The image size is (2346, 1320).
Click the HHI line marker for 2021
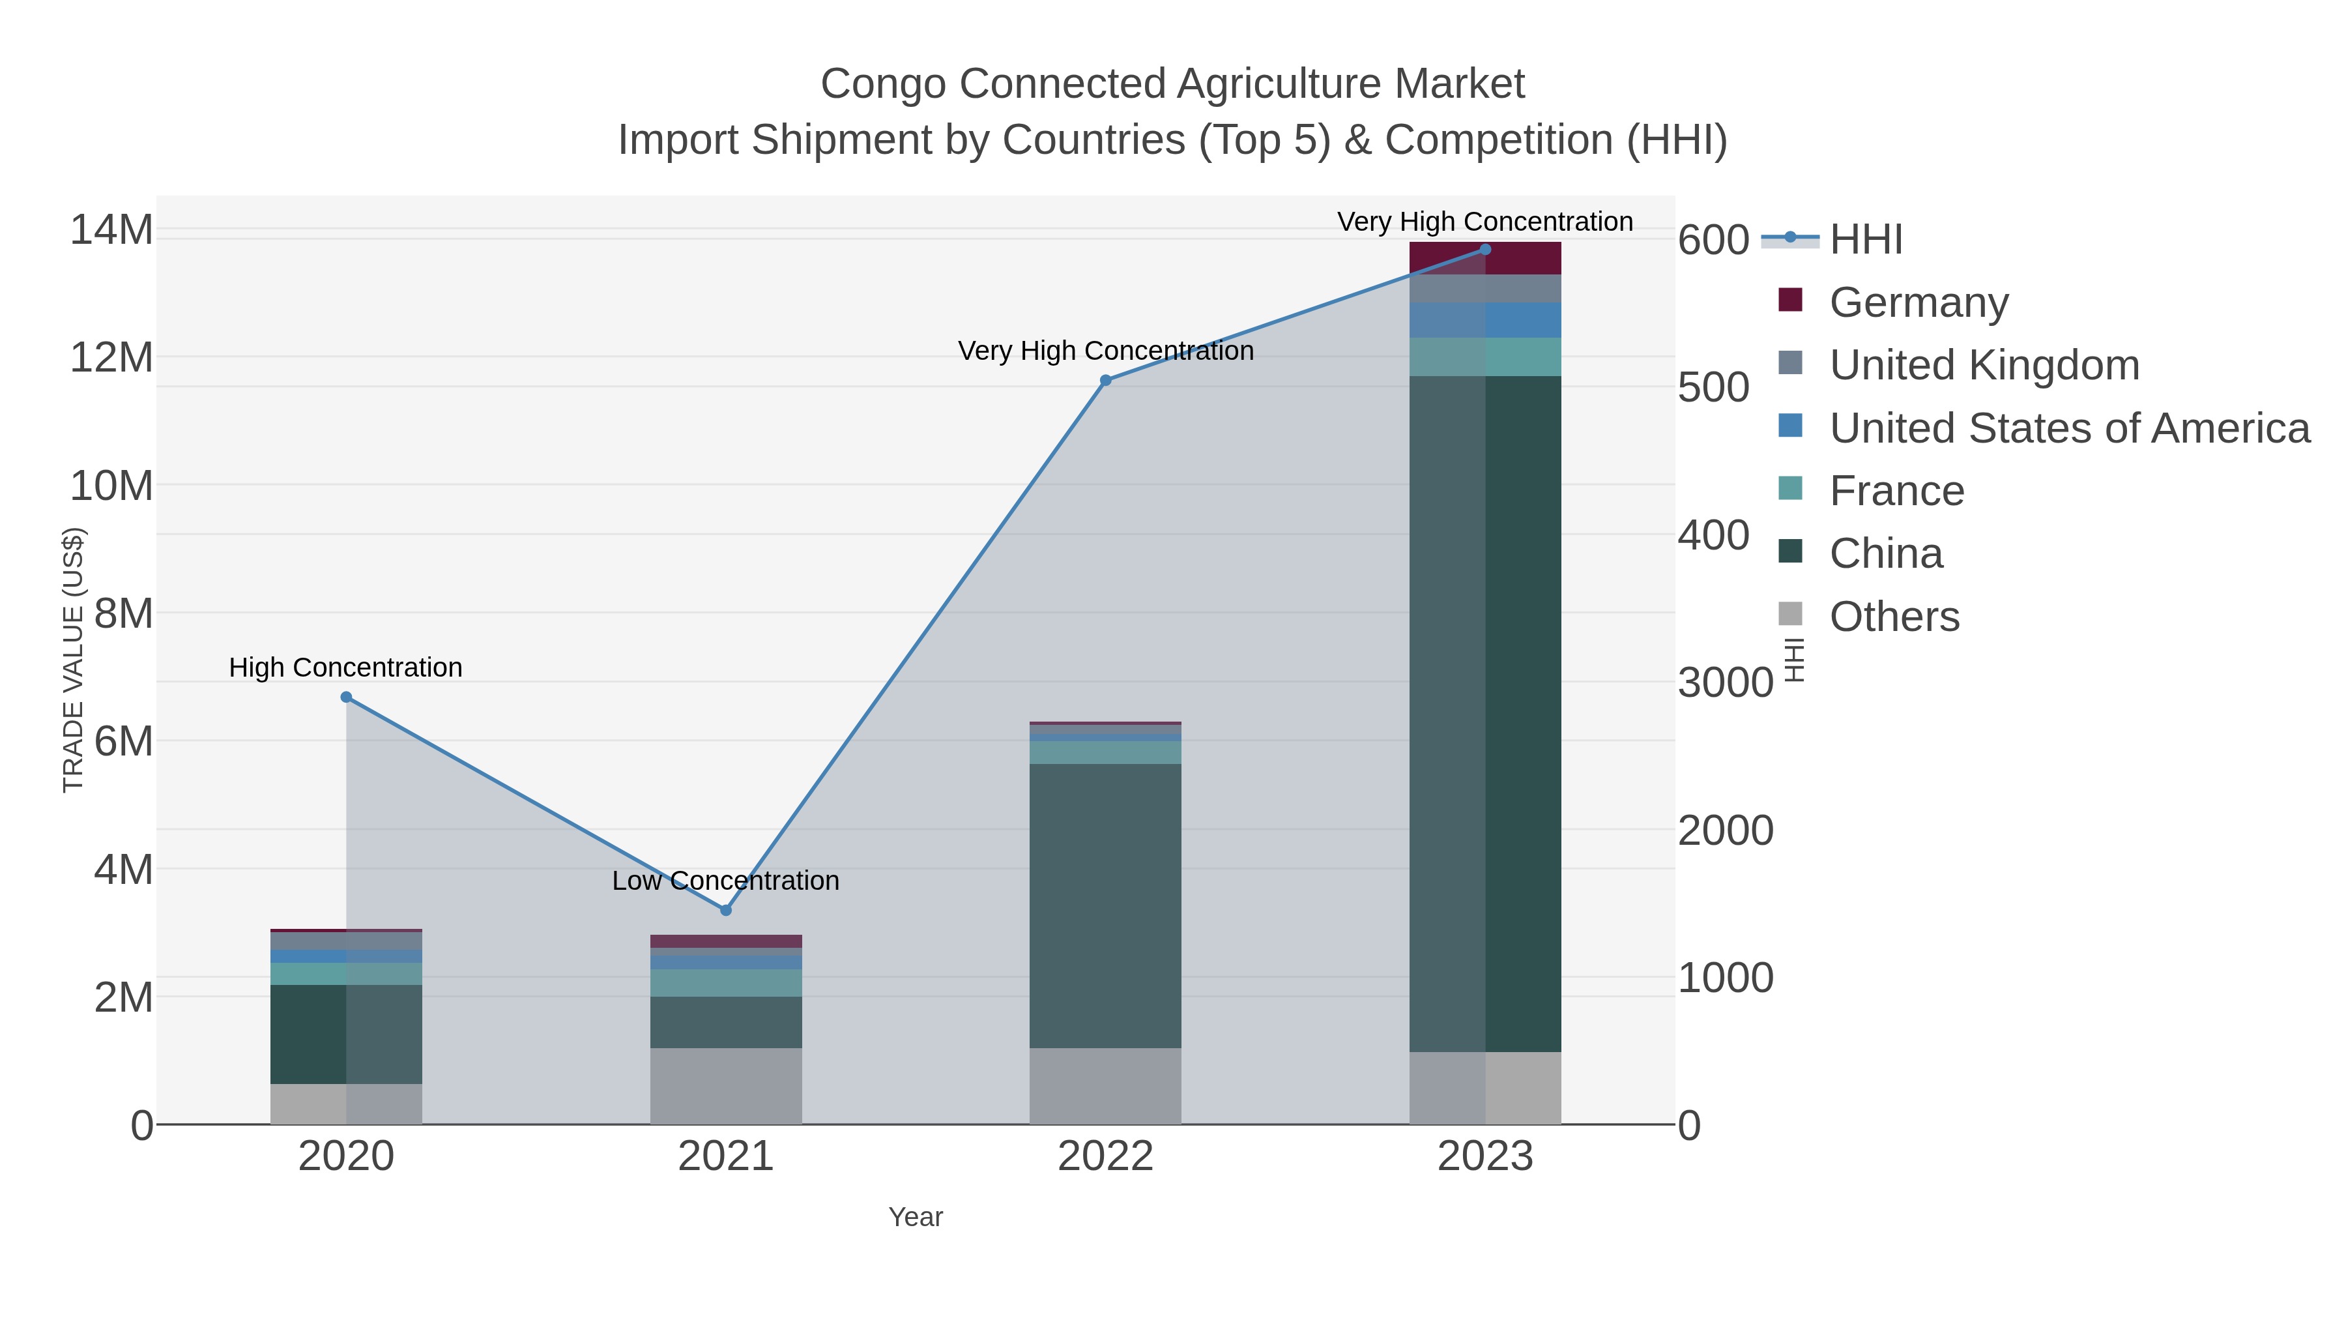(726, 910)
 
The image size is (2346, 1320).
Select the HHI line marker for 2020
(346, 697)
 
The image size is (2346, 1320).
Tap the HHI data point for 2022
(1106, 381)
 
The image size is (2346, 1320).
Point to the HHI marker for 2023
(1485, 249)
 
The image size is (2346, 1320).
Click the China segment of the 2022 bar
(1106, 907)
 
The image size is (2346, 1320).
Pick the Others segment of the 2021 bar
(726, 1086)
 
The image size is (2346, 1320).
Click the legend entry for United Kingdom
(1984, 365)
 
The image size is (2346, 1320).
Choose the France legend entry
(1896, 491)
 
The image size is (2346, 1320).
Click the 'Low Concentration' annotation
(726, 881)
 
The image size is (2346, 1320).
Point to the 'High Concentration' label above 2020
(346, 667)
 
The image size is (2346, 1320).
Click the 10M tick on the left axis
(111, 486)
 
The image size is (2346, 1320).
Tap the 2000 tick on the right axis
(1725, 831)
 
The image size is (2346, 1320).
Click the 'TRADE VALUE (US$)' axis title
(73, 660)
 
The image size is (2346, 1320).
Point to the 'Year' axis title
(916, 1217)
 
